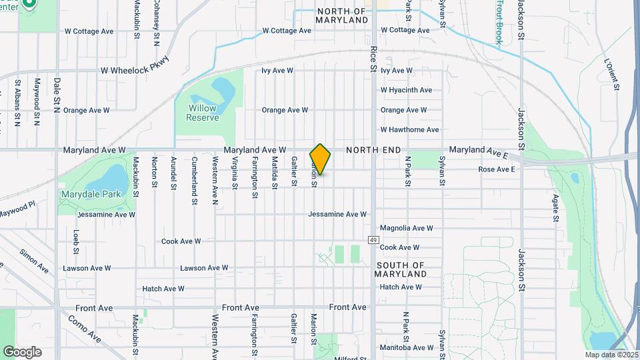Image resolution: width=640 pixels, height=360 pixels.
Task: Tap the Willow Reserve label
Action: coord(203,113)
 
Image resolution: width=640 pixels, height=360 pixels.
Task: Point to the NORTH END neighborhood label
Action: coord(373,151)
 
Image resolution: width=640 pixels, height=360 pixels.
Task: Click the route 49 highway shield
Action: coord(373,239)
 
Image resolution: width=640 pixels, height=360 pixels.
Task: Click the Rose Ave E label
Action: coord(497,169)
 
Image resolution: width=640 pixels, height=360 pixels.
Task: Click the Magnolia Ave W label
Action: coord(406,228)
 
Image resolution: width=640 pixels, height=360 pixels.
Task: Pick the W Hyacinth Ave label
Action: coord(406,90)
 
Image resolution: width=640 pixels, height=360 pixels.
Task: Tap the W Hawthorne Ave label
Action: coord(409,130)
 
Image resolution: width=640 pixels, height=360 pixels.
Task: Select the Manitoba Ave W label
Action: coord(406,347)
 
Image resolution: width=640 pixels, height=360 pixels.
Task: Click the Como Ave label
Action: coord(85,329)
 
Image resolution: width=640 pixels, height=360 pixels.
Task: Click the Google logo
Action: coord(22,352)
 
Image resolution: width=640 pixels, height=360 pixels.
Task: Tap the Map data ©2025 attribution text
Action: coord(611,355)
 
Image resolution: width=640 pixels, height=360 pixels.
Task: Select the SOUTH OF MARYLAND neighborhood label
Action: coord(400,269)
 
